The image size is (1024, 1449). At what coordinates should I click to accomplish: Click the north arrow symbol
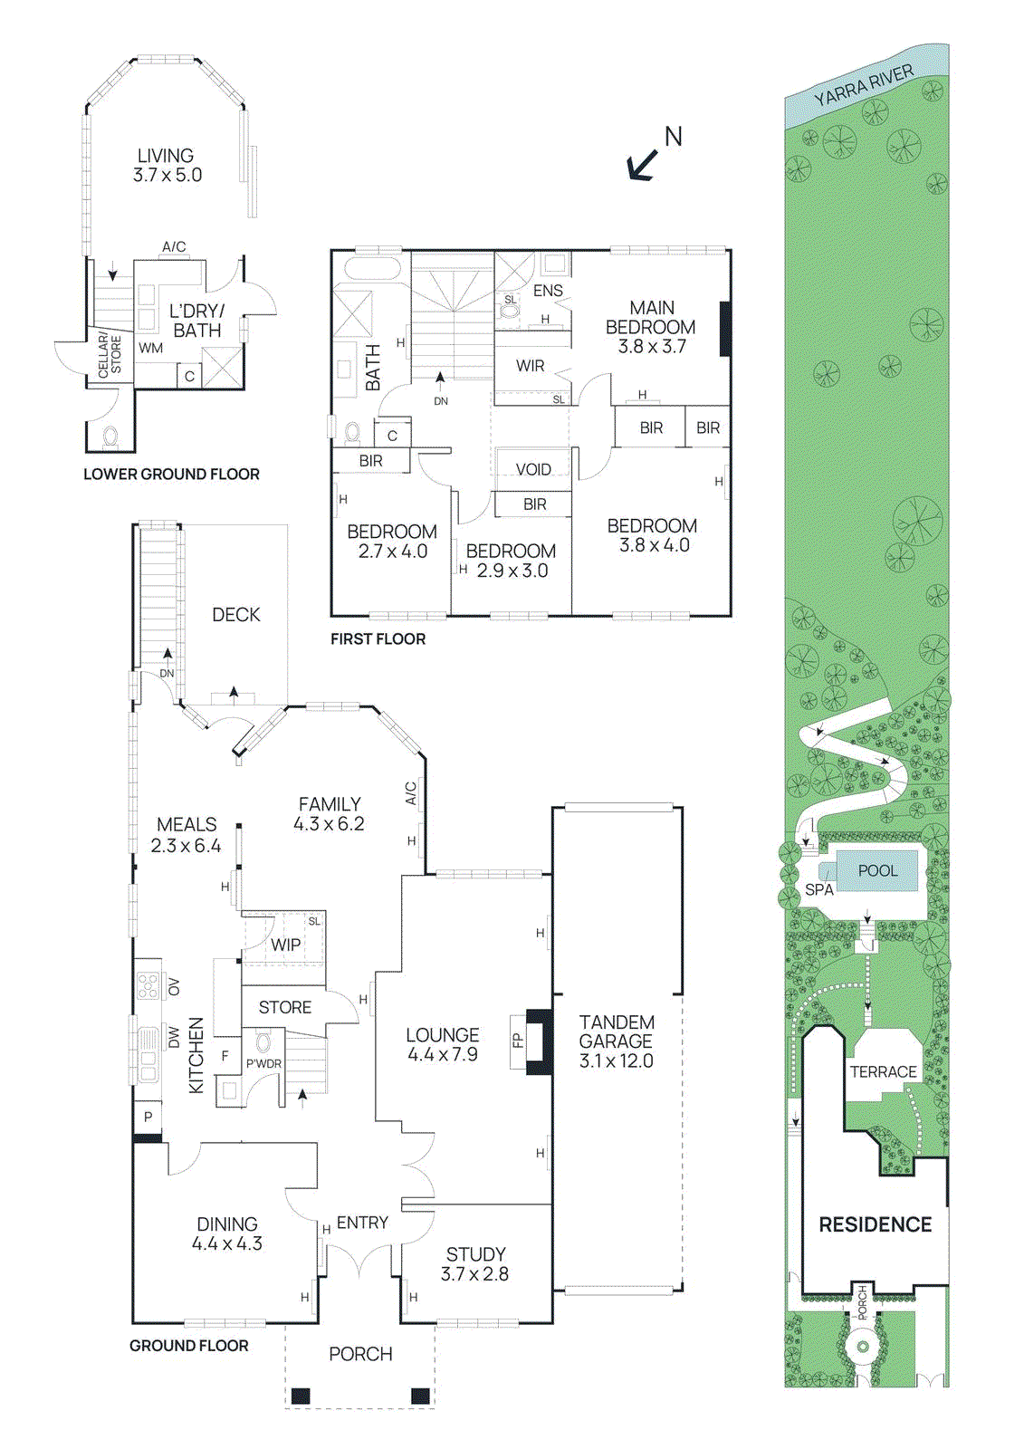(x=643, y=164)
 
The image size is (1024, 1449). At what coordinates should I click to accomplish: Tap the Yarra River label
(x=864, y=85)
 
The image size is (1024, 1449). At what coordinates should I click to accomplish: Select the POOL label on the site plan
(x=878, y=870)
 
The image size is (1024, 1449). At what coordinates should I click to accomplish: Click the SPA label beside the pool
(x=819, y=889)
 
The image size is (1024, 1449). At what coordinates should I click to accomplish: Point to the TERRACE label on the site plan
(x=883, y=1072)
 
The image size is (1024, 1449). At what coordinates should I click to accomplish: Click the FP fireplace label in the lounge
(x=518, y=1040)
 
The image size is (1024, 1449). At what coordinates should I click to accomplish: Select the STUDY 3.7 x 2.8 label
(x=474, y=1264)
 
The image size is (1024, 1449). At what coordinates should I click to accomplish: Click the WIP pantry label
(x=285, y=945)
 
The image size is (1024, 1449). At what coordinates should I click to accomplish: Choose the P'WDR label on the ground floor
(x=263, y=1064)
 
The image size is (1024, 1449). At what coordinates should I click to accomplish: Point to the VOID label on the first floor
(x=533, y=469)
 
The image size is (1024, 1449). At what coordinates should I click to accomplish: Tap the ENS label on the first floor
(x=548, y=291)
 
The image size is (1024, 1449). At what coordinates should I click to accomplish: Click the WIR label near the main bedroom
(x=531, y=366)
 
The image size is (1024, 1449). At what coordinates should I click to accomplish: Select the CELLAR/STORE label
(x=110, y=353)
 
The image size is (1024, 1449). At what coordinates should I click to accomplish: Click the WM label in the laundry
(x=150, y=348)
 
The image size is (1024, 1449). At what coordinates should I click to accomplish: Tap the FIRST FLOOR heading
(x=378, y=639)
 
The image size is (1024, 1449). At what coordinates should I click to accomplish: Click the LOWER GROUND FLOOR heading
(x=171, y=475)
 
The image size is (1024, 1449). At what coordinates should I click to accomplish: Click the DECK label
(x=236, y=615)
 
